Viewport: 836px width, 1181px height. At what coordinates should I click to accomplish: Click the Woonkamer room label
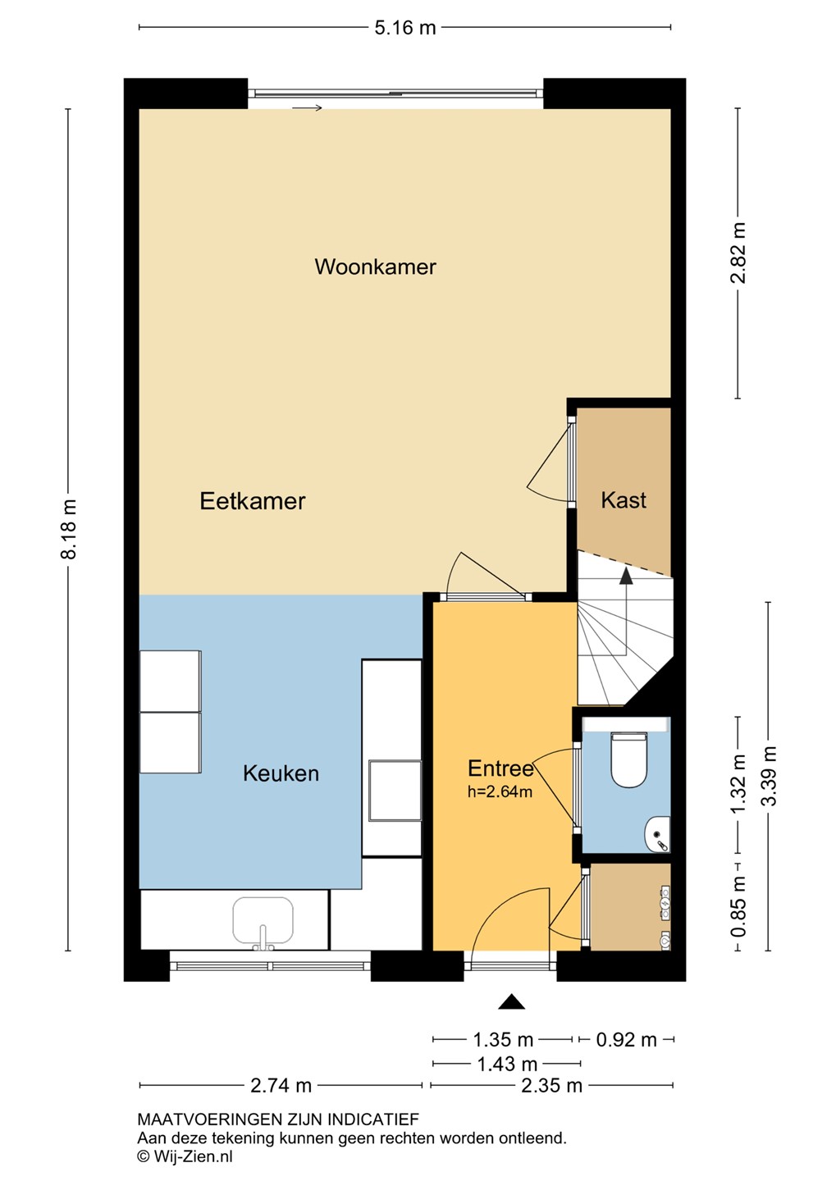[x=375, y=267]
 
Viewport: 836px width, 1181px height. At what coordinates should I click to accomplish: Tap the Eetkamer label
[x=252, y=501]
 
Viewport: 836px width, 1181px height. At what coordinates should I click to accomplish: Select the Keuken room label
[x=281, y=773]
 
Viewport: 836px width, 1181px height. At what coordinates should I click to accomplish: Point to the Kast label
[x=624, y=499]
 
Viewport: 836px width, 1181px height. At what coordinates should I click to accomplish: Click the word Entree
[x=500, y=768]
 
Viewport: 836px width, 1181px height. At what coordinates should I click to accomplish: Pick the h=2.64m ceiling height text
[x=500, y=791]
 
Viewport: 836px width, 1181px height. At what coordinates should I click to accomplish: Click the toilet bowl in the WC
[x=628, y=759]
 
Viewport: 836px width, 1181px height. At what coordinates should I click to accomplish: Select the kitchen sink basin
[x=263, y=920]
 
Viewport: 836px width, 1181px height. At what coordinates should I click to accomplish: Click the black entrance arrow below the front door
[x=512, y=1001]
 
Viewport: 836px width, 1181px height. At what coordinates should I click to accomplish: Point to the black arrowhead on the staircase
[x=625, y=576]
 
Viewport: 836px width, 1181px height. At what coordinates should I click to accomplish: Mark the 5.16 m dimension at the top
[x=405, y=27]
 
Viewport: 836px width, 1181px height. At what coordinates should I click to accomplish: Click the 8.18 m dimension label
[x=69, y=529]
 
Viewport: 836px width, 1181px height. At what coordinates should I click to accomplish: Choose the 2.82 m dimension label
[x=738, y=253]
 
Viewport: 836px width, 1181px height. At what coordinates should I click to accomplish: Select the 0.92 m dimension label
[x=626, y=1040]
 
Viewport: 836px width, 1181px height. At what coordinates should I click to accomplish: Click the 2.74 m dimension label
[x=281, y=1086]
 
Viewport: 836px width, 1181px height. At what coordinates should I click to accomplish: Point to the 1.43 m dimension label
[x=507, y=1064]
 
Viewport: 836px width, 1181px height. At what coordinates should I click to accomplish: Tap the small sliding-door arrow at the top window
[x=307, y=108]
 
